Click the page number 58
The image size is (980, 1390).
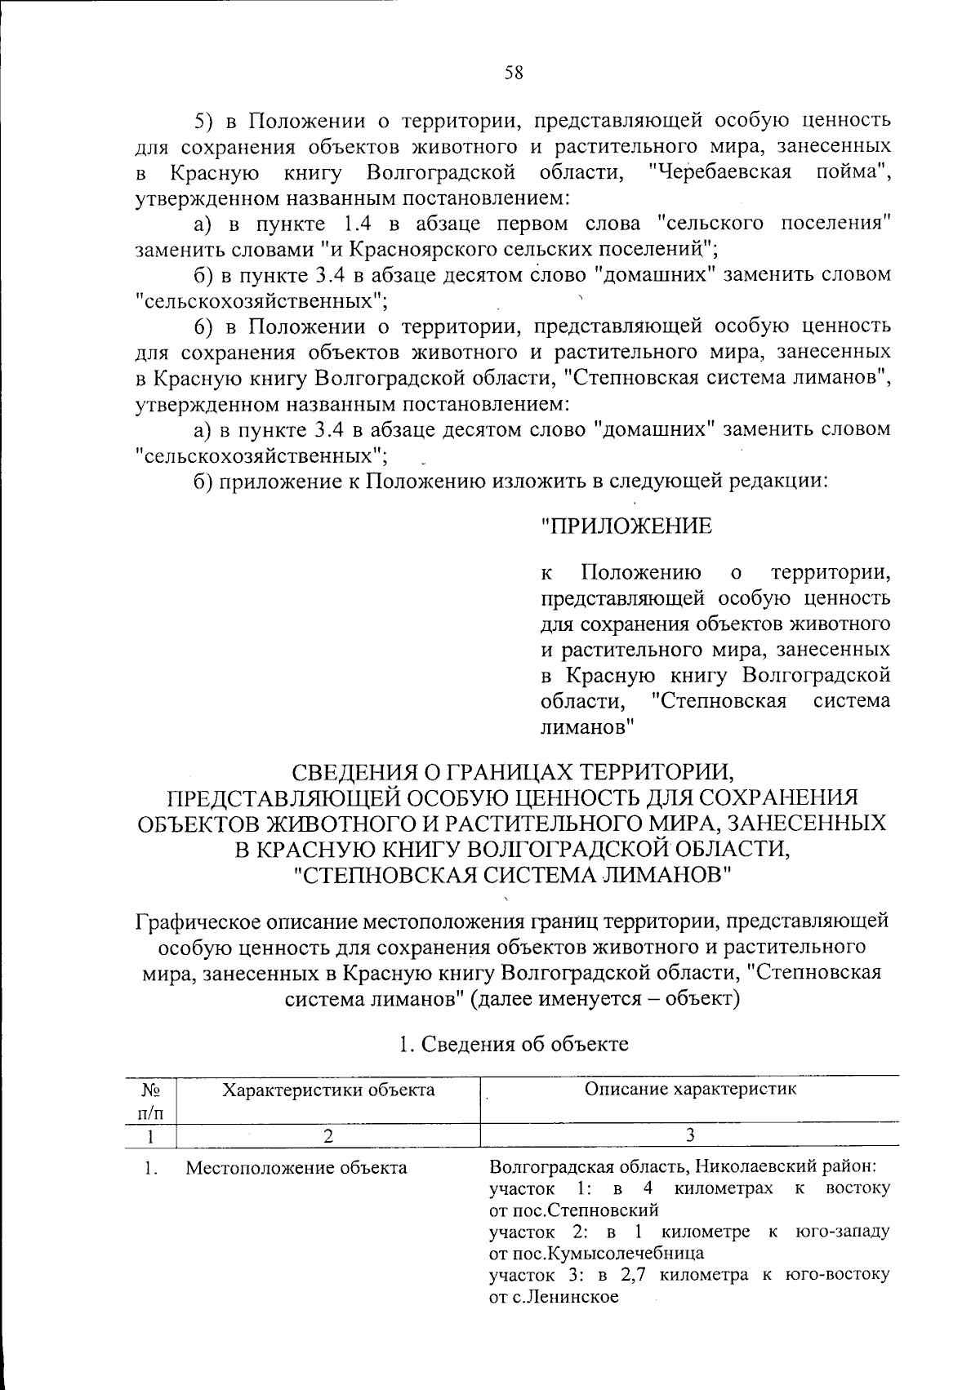point(513,73)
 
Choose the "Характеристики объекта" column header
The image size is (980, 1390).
point(328,1090)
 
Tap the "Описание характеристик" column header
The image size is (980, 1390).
point(689,1090)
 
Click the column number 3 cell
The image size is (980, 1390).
point(689,1135)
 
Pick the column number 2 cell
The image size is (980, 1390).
point(328,1135)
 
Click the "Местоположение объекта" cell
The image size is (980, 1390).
point(296,1168)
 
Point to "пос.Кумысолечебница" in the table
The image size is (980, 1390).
point(596,1252)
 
